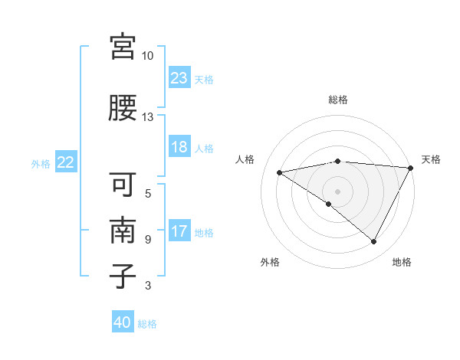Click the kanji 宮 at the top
coord(123,48)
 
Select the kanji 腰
coord(123,109)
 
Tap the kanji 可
coord(123,186)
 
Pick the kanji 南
coord(123,231)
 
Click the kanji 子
coord(123,276)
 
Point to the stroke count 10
coord(148,56)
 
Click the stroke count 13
coord(148,117)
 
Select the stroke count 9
coord(148,240)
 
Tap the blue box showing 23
coord(179,78)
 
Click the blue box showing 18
coord(179,147)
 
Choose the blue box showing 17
coord(179,231)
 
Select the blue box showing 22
coord(66,162)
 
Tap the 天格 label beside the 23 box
coord(204,79)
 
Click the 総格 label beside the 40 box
coord(147,324)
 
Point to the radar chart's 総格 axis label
coord(337,100)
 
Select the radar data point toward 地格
coord(374,242)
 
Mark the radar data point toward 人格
coord(280,172)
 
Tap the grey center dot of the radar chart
coord(337,191)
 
